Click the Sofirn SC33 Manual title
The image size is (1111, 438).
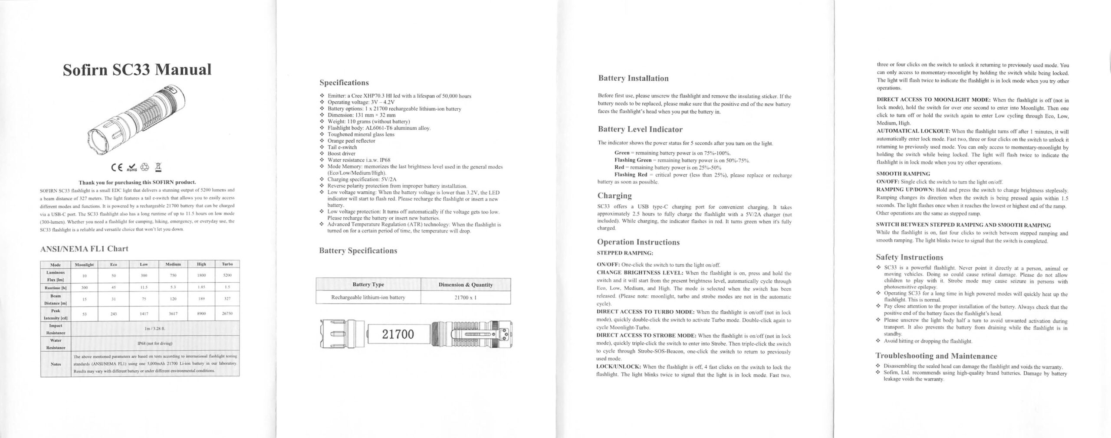pyautogui.click(x=137, y=70)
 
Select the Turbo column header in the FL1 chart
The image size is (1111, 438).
pyautogui.click(x=227, y=264)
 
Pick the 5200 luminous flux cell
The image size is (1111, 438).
pyautogui.click(x=227, y=275)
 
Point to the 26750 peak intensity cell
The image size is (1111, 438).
pyautogui.click(x=227, y=314)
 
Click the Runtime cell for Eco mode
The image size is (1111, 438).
pyautogui.click(x=114, y=287)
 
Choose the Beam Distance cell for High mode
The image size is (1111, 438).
pyautogui.click(x=201, y=298)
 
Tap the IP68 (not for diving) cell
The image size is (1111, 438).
pyautogui.click(x=154, y=343)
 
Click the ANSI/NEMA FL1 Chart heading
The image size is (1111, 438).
pyautogui.click(x=84, y=248)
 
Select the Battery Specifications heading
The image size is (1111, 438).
pyautogui.click(x=358, y=251)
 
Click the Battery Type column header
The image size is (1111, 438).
pyautogui.click(x=368, y=284)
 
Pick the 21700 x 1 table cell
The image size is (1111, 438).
pyautogui.click(x=466, y=297)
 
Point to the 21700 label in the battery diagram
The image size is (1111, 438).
pyautogui.click(x=398, y=334)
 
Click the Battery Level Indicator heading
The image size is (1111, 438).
pyautogui.click(x=640, y=129)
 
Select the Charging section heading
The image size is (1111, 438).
pyautogui.click(x=614, y=196)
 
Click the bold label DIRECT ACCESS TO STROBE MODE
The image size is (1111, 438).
pyautogui.click(x=646, y=336)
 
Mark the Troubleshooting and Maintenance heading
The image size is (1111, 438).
pyautogui.click(x=936, y=356)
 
